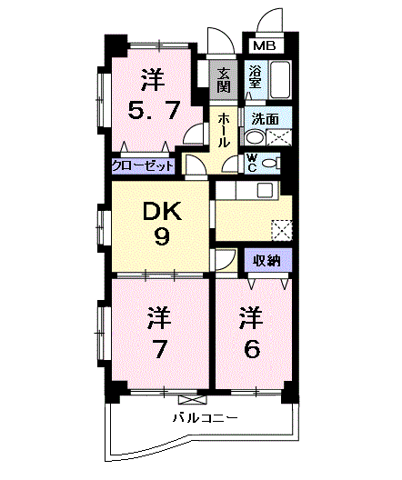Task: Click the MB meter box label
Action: click(x=265, y=46)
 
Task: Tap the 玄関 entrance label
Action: click(x=224, y=80)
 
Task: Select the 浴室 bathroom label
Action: click(x=255, y=77)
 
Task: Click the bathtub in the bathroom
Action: click(x=280, y=80)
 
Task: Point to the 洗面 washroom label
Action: click(x=266, y=119)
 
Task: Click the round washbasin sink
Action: click(x=255, y=137)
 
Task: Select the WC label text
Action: click(x=252, y=163)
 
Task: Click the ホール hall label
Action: click(x=224, y=130)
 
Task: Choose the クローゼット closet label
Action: click(x=143, y=166)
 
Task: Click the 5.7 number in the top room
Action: click(x=153, y=111)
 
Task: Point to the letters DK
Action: click(x=162, y=212)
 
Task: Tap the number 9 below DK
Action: click(x=162, y=237)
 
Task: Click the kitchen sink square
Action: click(x=265, y=190)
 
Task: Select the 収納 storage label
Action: click(x=266, y=261)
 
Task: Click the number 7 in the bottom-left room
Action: click(x=159, y=349)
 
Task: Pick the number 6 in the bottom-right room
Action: click(x=252, y=349)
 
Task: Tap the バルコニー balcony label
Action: click(x=206, y=417)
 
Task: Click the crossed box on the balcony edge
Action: click(x=193, y=399)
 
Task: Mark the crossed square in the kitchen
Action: click(x=282, y=230)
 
